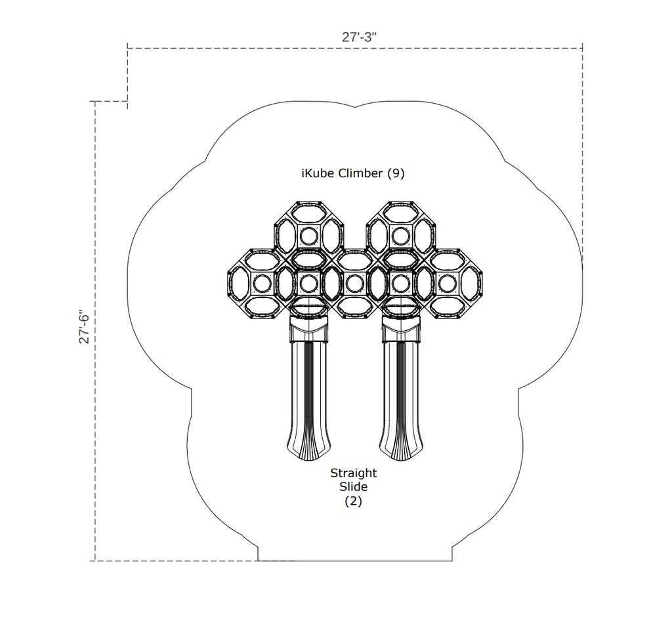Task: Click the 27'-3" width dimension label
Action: point(359,37)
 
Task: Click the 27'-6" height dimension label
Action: point(84,327)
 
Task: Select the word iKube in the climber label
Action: point(318,173)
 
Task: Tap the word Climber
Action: point(360,173)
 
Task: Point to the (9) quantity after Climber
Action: point(396,173)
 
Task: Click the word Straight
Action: point(354,474)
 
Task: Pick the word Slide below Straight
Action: point(354,487)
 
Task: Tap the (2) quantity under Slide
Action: point(354,501)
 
